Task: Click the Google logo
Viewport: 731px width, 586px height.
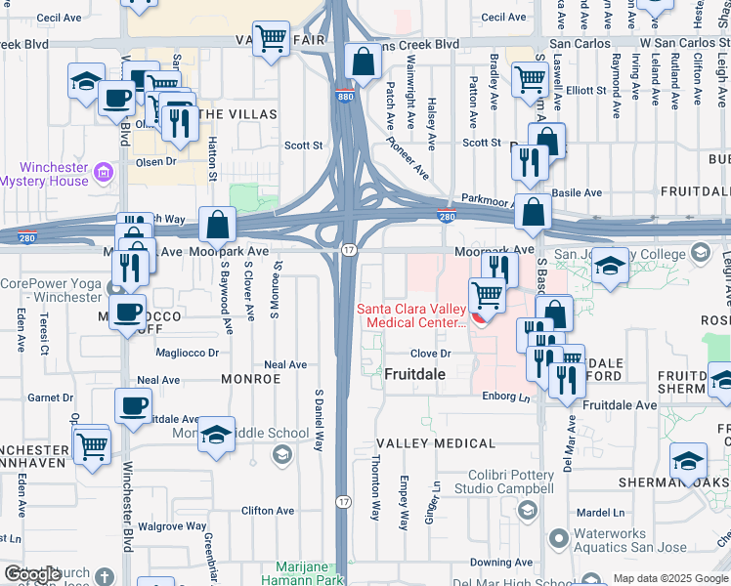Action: (32, 574)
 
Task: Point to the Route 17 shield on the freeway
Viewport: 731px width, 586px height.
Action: (349, 251)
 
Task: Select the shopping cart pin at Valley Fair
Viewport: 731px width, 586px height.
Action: (271, 39)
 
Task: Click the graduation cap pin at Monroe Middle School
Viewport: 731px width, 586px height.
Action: (215, 435)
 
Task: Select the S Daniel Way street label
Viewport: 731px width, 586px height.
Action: (319, 421)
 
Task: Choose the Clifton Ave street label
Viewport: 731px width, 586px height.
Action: (268, 510)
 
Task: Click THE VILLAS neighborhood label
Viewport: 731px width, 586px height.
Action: (237, 114)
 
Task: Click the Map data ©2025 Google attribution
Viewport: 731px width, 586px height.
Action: (669, 578)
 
